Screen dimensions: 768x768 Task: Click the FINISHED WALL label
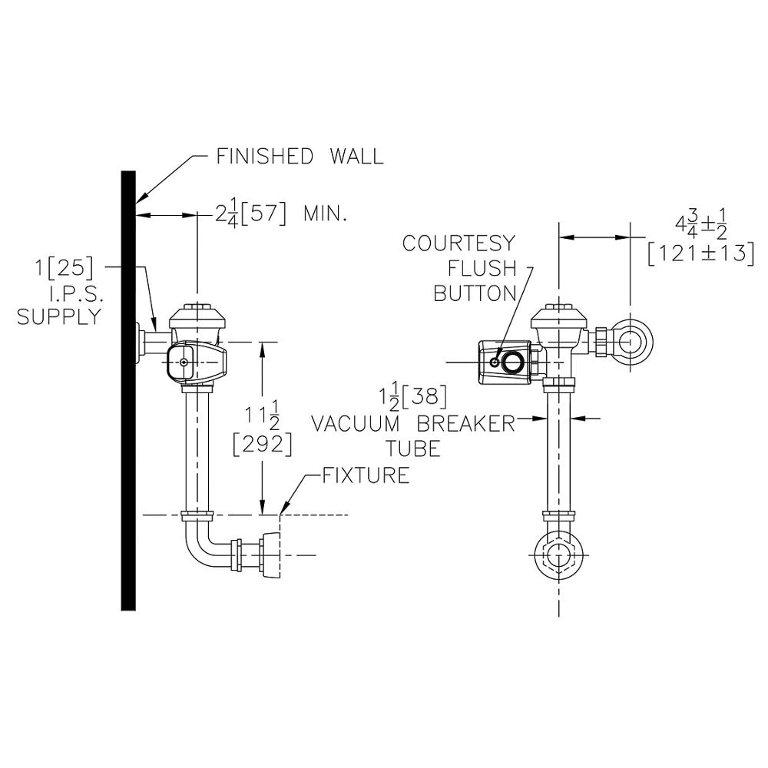pyautogui.click(x=300, y=157)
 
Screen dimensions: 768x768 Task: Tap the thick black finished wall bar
pyautogui.click(x=128, y=390)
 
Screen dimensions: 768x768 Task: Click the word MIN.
pyautogui.click(x=325, y=214)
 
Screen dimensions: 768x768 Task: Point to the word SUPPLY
pyautogui.click(x=59, y=317)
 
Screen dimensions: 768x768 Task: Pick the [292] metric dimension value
pyautogui.click(x=263, y=445)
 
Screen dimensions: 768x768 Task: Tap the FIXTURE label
pyautogui.click(x=366, y=475)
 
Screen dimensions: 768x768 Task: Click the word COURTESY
pyautogui.click(x=459, y=243)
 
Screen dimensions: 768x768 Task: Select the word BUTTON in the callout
pyautogui.click(x=475, y=293)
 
